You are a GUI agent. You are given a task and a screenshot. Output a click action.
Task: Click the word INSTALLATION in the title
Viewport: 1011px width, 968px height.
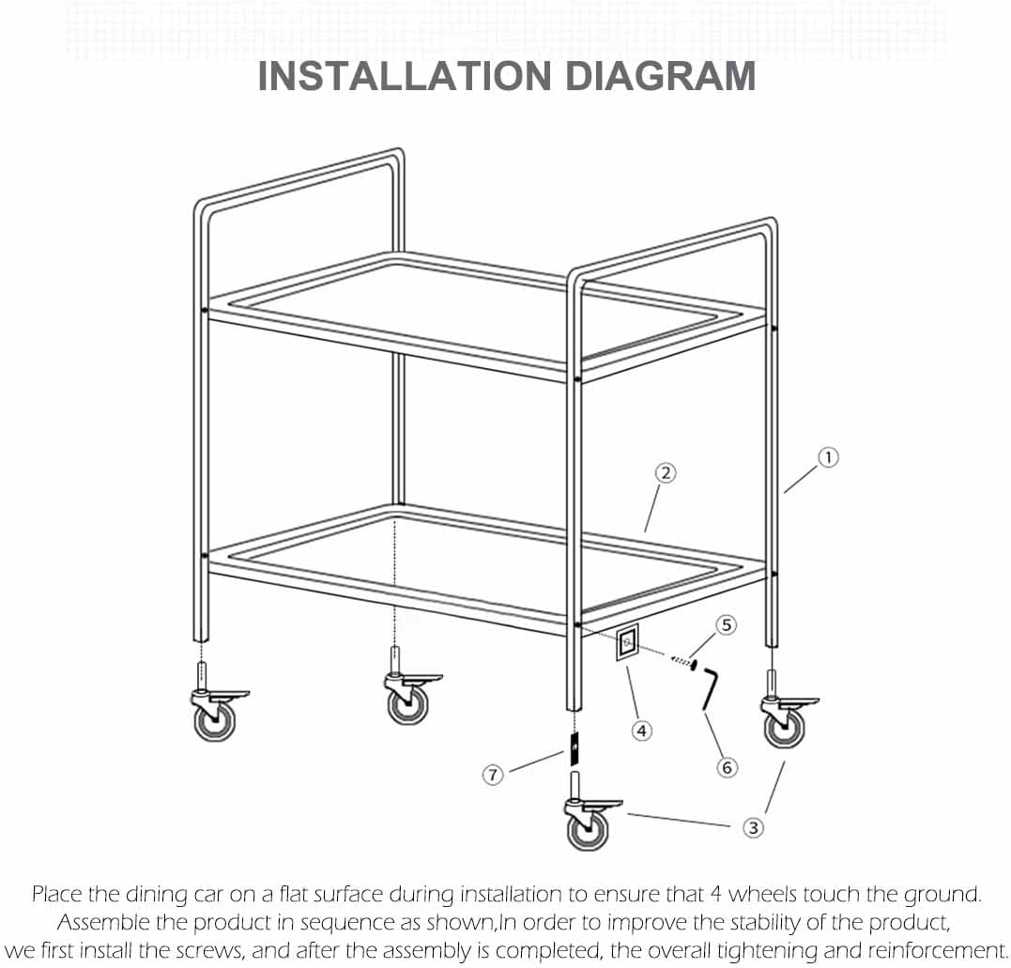point(405,76)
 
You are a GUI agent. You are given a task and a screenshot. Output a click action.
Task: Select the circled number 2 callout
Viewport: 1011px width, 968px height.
point(666,473)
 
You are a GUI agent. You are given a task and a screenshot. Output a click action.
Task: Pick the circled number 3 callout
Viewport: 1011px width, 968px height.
point(753,827)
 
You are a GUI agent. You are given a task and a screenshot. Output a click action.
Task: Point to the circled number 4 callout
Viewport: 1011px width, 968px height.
point(641,730)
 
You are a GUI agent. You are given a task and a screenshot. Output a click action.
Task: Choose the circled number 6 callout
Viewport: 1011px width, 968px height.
point(727,767)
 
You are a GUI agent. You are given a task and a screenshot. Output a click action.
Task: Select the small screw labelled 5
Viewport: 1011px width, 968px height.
point(683,662)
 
